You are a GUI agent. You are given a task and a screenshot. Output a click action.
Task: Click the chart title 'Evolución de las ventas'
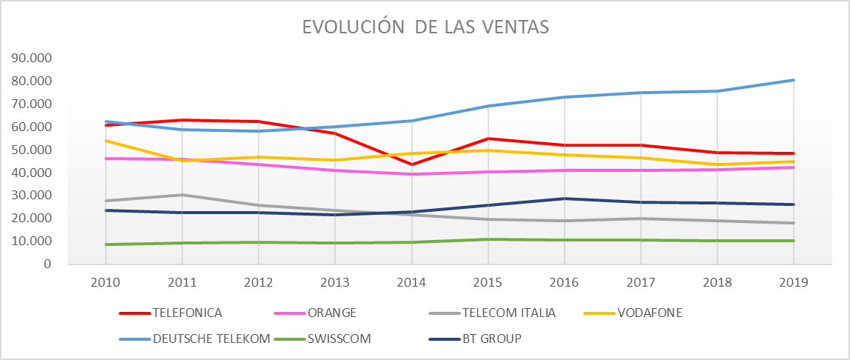(x=425, y=27)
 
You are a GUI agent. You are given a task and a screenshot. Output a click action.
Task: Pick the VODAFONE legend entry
(x=651, y=313)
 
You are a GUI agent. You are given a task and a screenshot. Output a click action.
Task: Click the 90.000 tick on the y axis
(x=32, y=59)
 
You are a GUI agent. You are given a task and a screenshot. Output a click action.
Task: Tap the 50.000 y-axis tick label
(x=32, y=150)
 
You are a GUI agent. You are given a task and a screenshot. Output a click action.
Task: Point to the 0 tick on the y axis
(x=47, y=264)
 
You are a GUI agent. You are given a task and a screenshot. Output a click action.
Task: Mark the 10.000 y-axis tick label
(x=32, y=241)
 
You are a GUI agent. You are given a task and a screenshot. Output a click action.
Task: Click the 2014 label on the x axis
(x=411, y=282)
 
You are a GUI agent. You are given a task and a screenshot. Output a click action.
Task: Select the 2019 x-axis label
(x=793, y=282)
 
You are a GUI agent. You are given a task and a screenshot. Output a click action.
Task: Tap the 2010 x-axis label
(x=105, y=282)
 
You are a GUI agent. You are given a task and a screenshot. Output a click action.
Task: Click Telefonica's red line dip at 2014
(x=411, y=164)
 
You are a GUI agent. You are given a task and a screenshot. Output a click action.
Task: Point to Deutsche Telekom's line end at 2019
(x=793, y=80)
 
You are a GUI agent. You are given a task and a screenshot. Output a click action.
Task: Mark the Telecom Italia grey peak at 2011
(x=182, y=195)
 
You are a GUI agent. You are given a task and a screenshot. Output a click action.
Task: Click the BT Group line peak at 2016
(x=564, y=199)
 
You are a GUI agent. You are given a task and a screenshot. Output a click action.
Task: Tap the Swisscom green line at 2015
(x=488, y=239)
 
